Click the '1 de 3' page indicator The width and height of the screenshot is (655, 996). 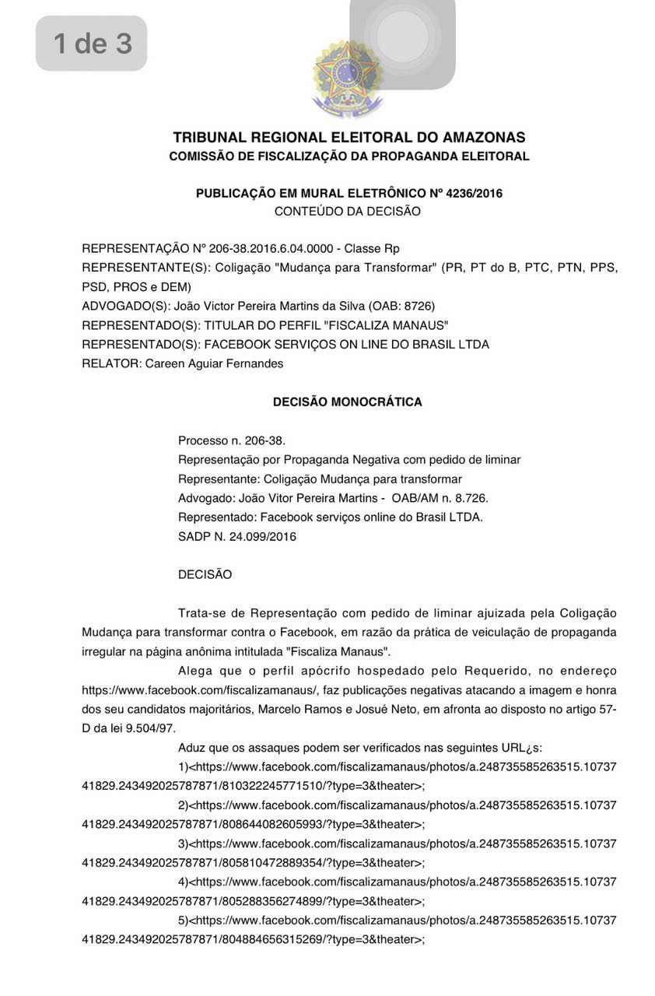point(92,44)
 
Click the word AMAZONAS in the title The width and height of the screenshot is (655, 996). point(483,138)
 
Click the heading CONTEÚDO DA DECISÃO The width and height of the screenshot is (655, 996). point(347,212)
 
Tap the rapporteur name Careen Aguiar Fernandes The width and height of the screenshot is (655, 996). point(214,363)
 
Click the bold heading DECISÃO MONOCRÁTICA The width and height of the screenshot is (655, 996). point(347,402)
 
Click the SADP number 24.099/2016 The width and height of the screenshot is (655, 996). point(262,537)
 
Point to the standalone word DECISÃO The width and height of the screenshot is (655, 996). point(205,575)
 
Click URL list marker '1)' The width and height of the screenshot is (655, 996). point(184,767)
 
